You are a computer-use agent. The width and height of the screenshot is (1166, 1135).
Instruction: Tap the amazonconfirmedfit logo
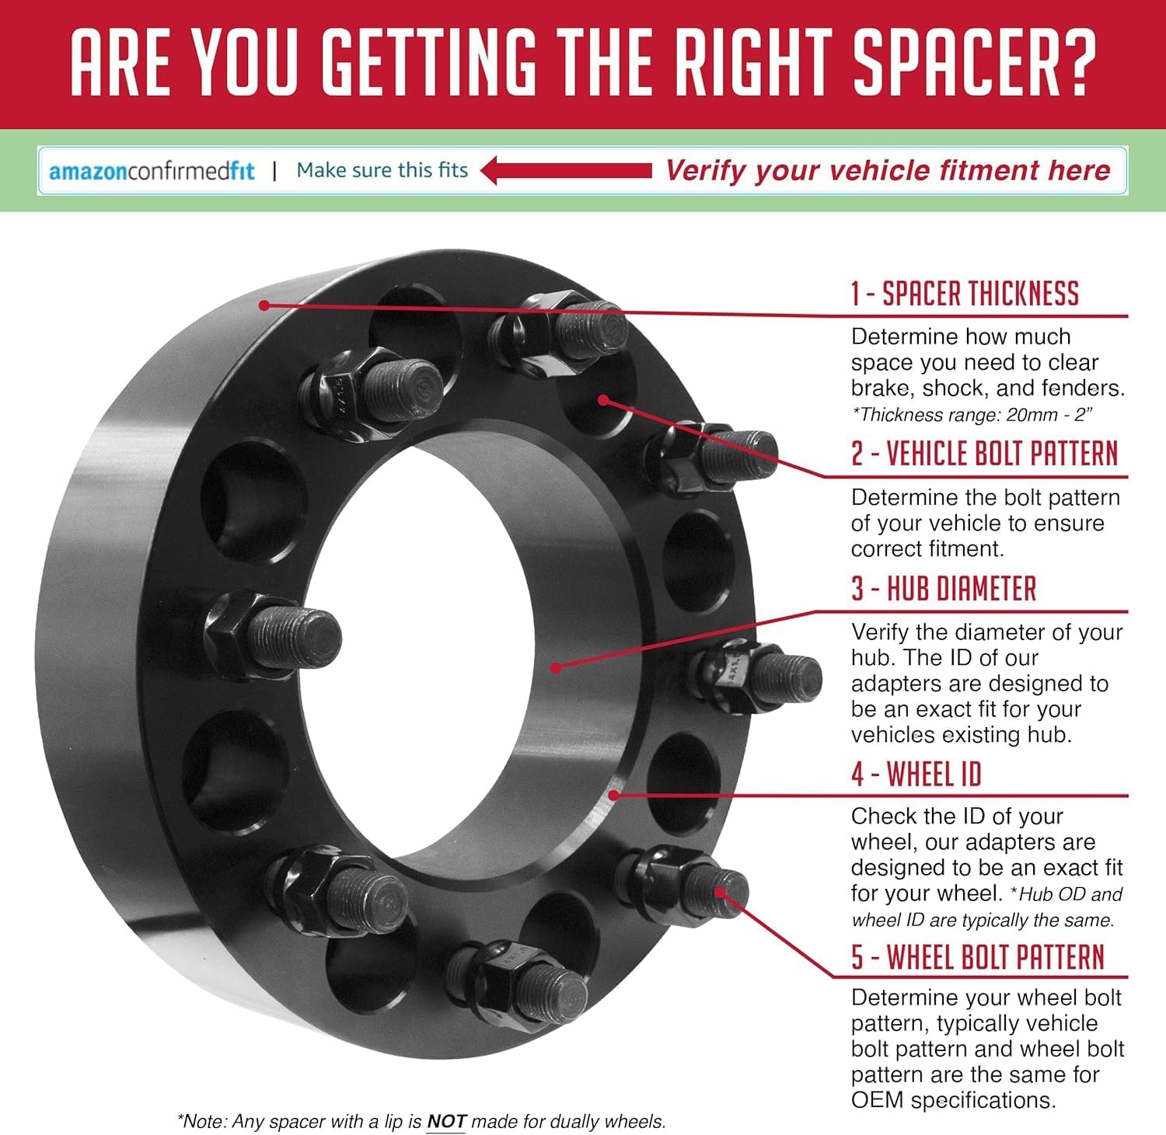(152, 171)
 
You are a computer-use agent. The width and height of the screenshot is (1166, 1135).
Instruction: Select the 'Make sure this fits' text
(382, 170)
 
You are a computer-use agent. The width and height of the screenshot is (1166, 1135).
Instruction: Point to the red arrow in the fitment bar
(566, 170)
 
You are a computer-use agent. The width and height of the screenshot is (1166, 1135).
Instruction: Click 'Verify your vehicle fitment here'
(888, 170)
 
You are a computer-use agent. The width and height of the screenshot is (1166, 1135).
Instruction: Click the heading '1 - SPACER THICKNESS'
(965, 294)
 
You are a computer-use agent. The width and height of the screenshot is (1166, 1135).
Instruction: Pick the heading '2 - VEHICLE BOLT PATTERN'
(985, 453)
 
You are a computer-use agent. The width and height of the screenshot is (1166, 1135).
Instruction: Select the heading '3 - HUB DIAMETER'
(944, 589)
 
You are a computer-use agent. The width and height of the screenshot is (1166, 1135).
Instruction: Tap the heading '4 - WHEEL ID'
(916, 774)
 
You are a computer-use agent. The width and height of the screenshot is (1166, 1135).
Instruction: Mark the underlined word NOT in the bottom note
(446, 1122)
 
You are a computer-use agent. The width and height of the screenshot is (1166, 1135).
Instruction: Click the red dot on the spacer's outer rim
(264, 305)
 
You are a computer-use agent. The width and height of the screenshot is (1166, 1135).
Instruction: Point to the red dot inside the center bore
(556, 667)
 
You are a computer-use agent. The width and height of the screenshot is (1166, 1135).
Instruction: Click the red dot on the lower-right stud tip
(720, 893)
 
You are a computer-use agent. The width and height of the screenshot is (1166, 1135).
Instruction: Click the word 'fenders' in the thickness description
(1080, 388)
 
